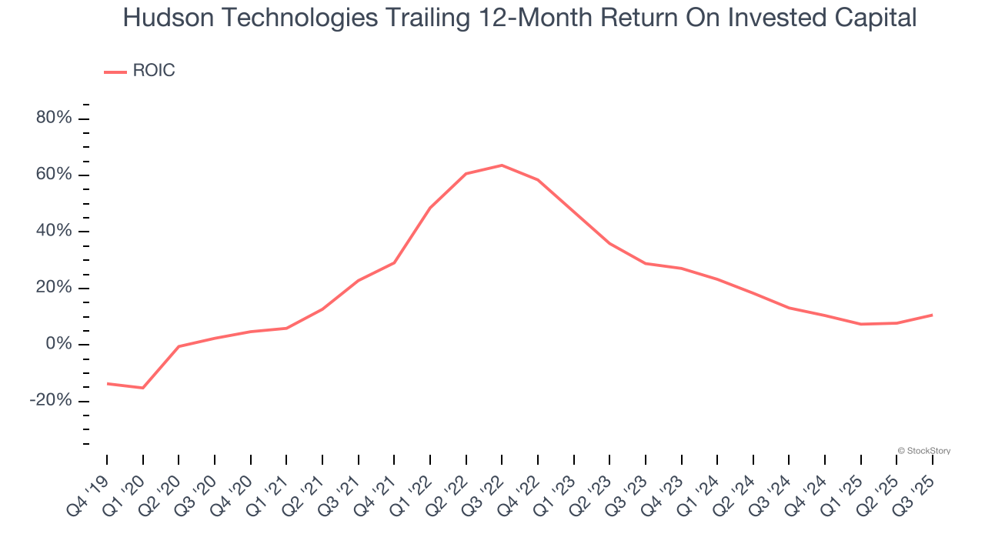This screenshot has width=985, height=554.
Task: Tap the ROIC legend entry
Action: (x=153, y=71)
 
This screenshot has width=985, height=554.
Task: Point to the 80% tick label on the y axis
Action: (x=53, y=118)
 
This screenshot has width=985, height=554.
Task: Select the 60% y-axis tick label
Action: (x=53, y=175)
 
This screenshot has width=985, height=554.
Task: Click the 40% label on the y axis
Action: (x=53, y=232)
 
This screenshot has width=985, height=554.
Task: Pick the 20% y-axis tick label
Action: (x=53, y=288)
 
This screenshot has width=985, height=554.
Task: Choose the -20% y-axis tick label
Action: (x=51, y=401)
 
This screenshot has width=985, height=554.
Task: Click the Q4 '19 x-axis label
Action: (x=89, y=488)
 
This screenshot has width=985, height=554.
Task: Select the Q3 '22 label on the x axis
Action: (x=484, y=488)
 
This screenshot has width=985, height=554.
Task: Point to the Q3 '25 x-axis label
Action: (x=915, y=488)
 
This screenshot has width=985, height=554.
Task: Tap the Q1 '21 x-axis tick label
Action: (x=269, y=488)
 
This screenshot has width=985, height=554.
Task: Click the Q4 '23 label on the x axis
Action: (x=663, y=488)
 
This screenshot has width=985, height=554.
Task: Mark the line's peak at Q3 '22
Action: (x=502, y=165)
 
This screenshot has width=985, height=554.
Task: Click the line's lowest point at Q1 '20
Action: (x=143, y=388)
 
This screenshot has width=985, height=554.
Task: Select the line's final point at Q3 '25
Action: (x=932, y=315)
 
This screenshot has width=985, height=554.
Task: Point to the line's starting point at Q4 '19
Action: (x=107, y=383)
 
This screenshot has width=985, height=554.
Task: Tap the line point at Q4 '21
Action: (x=394, y=263)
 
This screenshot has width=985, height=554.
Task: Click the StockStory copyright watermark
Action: (x=924, y=451)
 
